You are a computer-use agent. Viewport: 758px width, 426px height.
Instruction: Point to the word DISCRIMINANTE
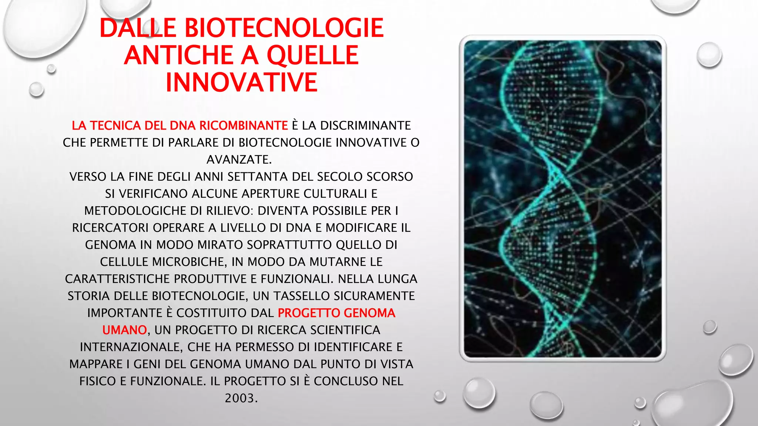[x=365, y=126]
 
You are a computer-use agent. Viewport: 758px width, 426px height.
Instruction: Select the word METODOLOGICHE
[x=135, y=211]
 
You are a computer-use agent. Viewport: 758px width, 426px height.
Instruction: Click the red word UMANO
[x=124, y=330]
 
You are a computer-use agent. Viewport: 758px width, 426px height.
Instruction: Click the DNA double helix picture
[x=563, y=199]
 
